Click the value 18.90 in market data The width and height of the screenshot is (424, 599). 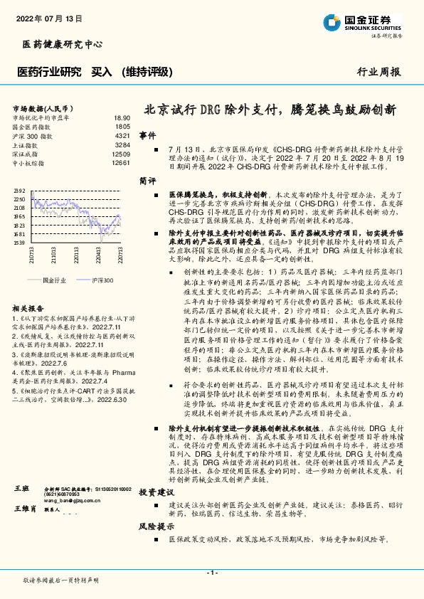pyautogui.click(x=121, y=117)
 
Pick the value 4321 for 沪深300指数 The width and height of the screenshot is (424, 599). pyautogui.click(x=122, y=135)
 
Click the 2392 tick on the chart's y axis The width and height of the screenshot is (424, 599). pyautogui.click(x=19, y=191)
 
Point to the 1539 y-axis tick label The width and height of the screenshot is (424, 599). pyautogui.click(x=19, y=243)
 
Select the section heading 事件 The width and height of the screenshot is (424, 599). pyautogui.click(x=147, y=134)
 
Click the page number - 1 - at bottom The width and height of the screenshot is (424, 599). pyautogui.click(x=211, y=573)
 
